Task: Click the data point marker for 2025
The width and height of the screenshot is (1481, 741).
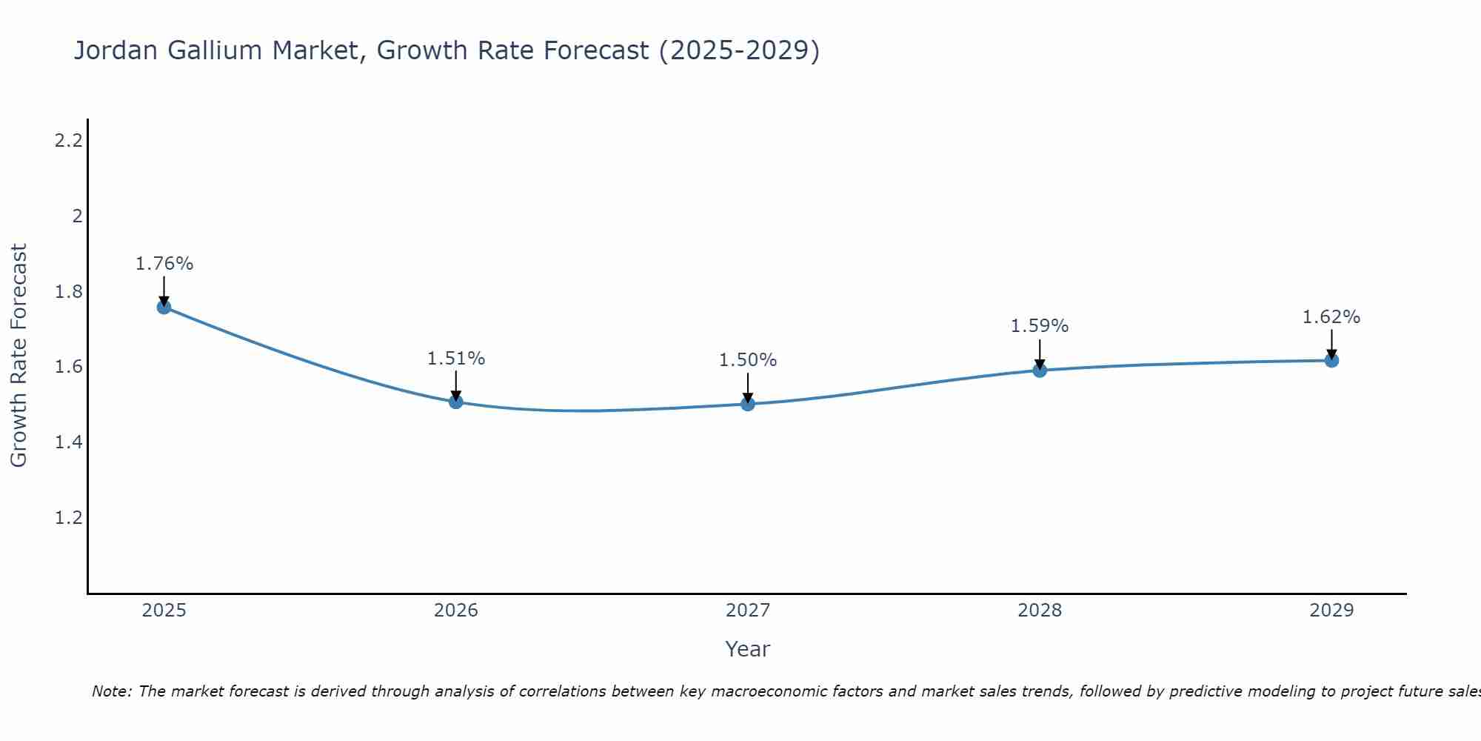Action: coord(164,307)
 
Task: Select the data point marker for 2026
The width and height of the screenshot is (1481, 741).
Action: coord(455,402)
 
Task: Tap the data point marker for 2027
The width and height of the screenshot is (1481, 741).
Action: coord(747,404)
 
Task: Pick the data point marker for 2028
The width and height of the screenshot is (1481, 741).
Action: coord(1039,370)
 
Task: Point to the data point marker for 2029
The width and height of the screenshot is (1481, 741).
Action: coord(1331,360)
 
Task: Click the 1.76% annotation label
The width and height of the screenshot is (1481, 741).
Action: coord(164,264)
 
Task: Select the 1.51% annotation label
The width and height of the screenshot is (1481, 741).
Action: coord(455,359)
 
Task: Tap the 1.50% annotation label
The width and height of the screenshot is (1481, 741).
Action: coord(747,360)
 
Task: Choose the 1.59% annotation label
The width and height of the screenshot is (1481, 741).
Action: coord(1039,326)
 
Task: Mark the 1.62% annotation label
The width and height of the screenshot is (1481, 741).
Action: coord(1331,317)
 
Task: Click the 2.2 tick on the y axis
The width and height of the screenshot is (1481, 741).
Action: coord(68,140)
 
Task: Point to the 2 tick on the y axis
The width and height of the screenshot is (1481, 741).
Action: coord(76,216)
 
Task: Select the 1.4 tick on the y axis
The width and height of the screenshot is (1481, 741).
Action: coord(68,442)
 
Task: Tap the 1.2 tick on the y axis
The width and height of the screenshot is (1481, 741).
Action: coord(68,517)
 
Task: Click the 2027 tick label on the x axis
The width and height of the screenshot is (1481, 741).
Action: coord(747,611)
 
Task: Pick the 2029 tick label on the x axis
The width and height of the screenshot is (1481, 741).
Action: coord(1331,611)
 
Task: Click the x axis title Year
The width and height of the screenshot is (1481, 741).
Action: coord(747,649)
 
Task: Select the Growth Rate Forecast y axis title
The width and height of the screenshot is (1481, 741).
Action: coord(19,356)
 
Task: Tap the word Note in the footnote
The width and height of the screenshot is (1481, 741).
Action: coord(111,691)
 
